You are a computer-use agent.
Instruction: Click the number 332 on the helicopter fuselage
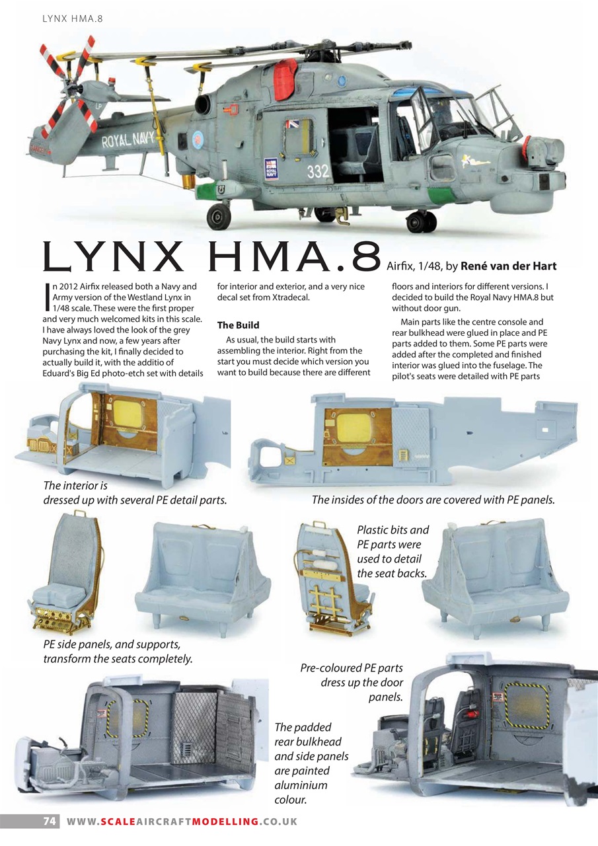point(318,171)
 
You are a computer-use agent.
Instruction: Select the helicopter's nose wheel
point(420,221)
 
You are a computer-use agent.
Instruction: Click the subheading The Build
point(238,325)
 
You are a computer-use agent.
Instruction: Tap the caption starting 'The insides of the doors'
point(433,500)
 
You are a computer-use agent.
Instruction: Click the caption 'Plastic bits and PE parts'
point(392,551)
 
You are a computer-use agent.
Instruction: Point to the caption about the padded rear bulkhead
point(311,763)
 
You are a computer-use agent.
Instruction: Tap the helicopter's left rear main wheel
point(219,215)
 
